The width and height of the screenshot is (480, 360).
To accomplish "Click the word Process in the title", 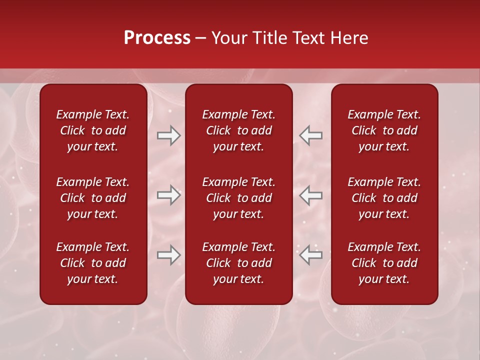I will coord(157,38).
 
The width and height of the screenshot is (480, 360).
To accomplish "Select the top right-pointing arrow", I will coord(168,135).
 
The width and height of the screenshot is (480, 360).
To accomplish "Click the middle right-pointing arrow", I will coord(168,195).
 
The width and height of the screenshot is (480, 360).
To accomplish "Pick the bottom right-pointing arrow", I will coord(168,255).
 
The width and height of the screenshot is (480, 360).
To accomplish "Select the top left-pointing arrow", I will coord(311,135).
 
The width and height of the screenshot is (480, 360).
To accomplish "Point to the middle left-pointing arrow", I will coord(311,195).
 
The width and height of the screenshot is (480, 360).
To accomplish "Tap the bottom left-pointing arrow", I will coord(311,255).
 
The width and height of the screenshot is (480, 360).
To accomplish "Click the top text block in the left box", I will coord(93,130).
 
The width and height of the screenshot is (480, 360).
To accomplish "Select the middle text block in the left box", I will coord(93,198).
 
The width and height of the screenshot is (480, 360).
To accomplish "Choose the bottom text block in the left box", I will coord(93,263).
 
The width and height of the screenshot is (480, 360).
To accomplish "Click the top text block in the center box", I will coord(238,130).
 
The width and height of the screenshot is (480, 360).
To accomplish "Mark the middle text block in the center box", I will coord(238,198).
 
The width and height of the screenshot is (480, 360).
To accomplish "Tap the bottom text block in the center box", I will coord(238,263).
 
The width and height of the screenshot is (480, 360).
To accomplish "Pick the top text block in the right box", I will coord(384,130).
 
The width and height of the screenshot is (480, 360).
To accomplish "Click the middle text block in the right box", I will coord(384,198).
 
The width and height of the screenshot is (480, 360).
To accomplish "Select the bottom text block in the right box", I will coord(384,263).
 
